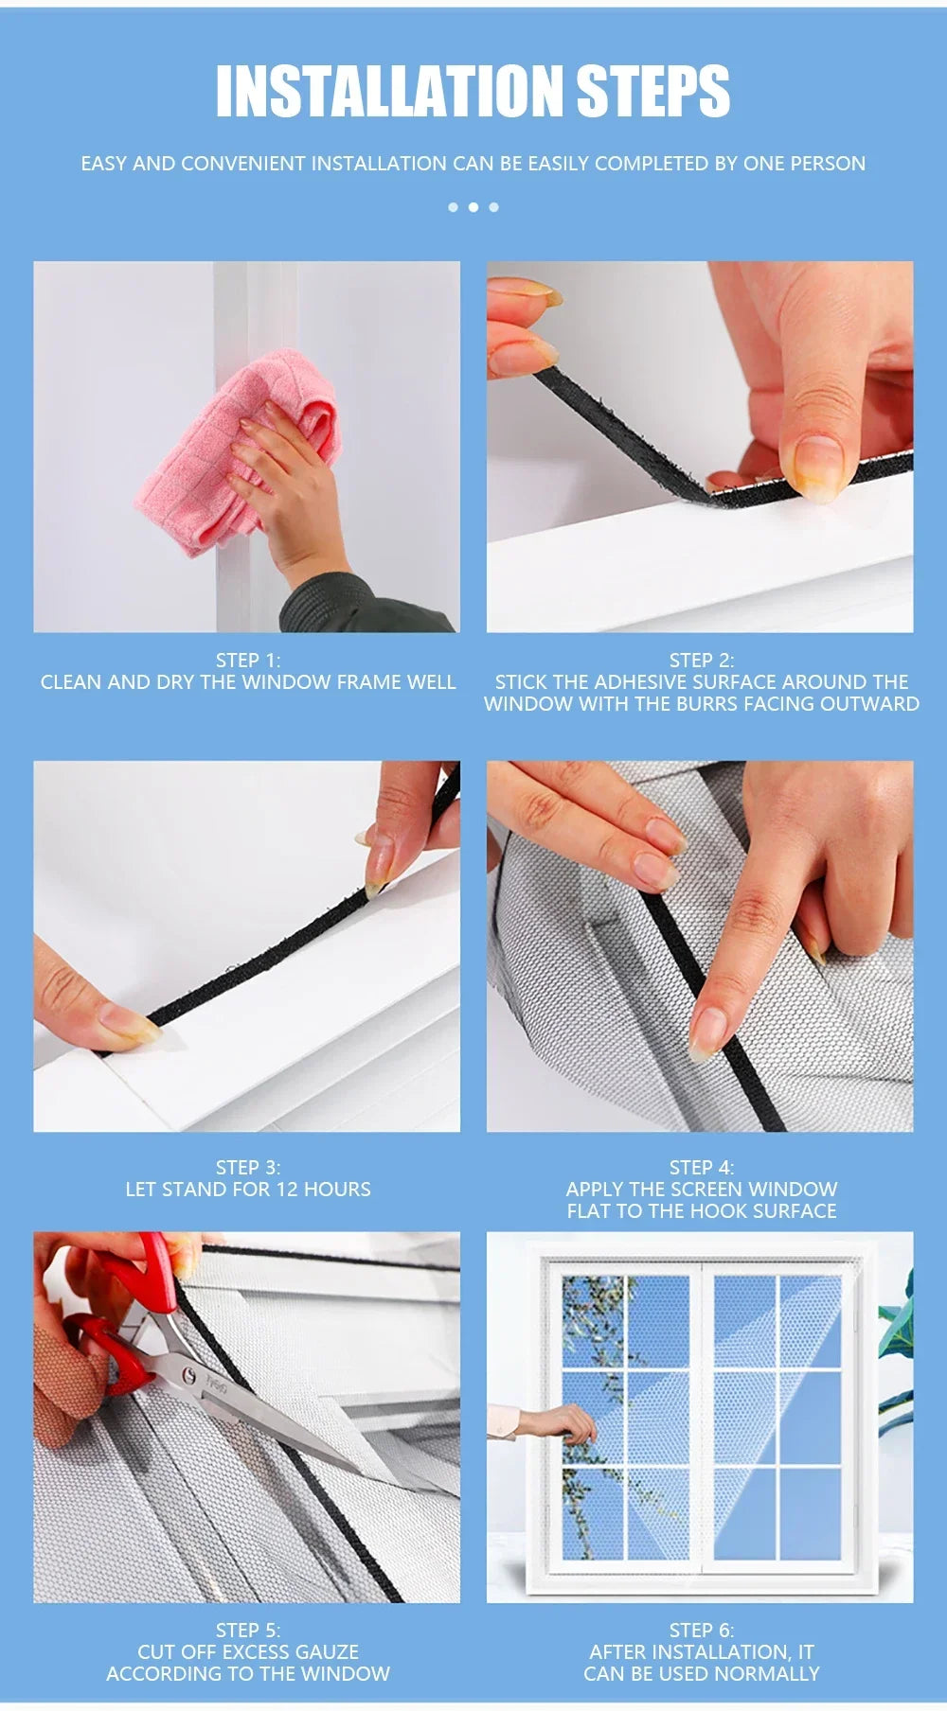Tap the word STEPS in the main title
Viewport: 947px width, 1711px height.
653,92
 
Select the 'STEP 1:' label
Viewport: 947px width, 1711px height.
248,661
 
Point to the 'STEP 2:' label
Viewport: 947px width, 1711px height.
701,661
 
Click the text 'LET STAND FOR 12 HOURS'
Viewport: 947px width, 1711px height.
248,1190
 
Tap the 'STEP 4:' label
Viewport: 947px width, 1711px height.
701,1168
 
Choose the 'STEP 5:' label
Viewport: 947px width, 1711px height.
248,1631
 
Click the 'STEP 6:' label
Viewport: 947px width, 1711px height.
701,1631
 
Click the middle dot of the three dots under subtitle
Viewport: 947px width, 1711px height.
473,207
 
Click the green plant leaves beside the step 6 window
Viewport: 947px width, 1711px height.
895,1325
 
